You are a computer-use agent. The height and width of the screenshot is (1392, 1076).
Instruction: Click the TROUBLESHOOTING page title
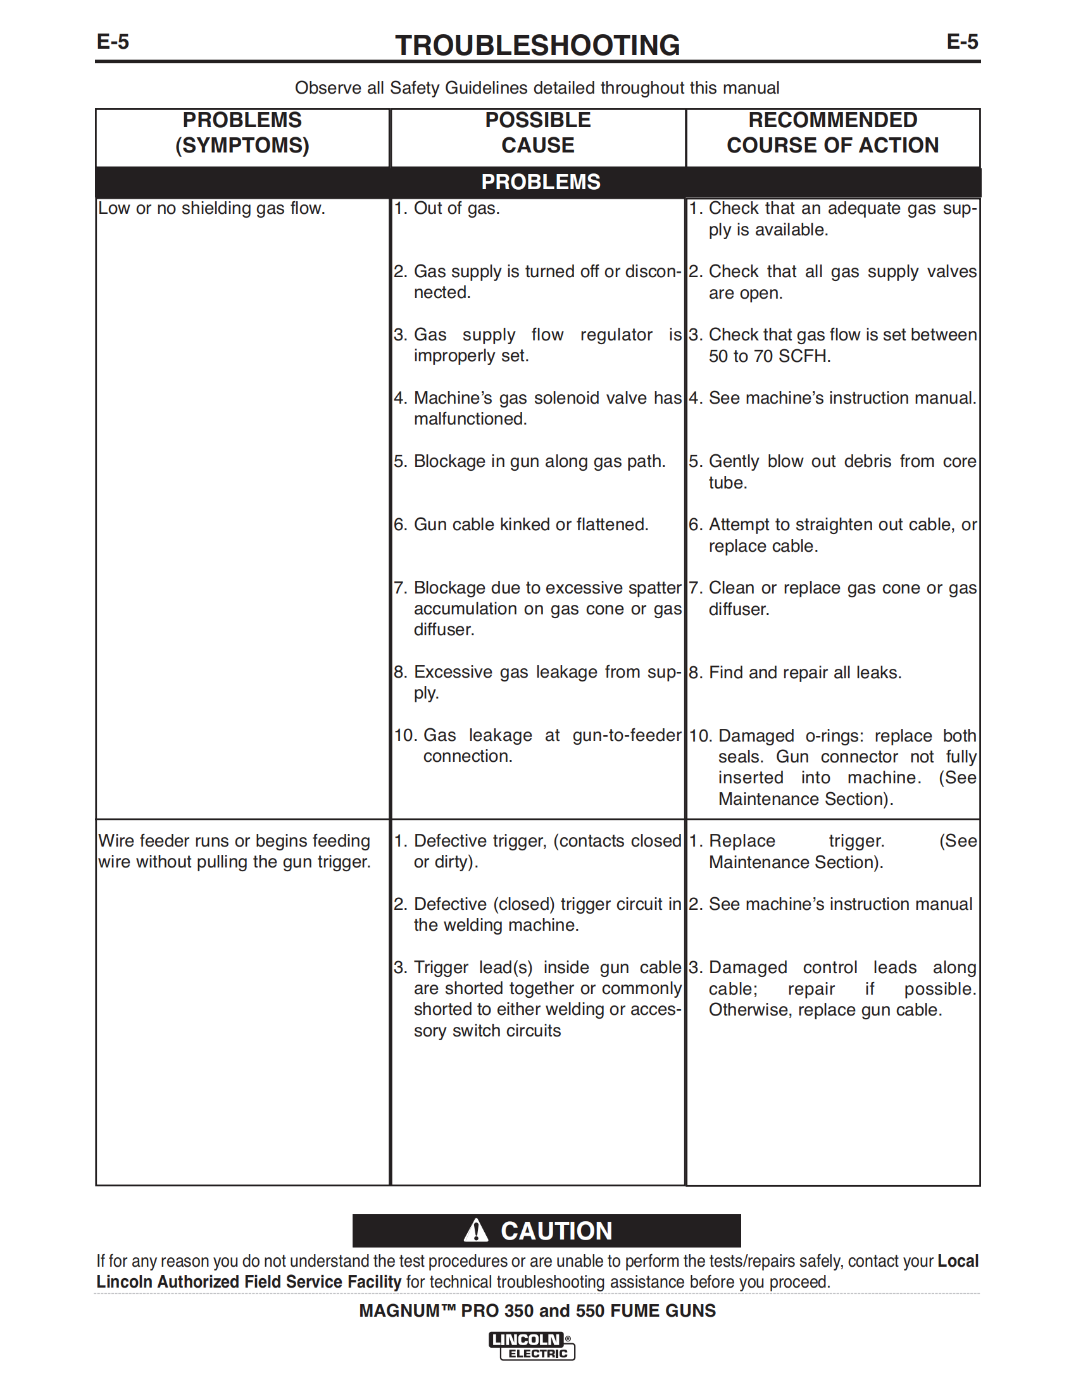point(537,46)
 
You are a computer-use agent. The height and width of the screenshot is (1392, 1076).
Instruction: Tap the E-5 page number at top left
point(113,42)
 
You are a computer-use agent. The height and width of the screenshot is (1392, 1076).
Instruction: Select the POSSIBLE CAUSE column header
point(537,133)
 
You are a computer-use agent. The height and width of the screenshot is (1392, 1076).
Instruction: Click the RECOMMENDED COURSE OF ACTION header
point(832,133)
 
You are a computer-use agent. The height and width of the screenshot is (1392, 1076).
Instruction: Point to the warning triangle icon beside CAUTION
point(475,1230)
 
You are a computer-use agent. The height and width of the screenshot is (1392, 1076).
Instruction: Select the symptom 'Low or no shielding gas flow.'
point(211,208)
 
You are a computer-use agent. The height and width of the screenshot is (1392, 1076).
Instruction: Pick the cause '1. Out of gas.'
point(447,208)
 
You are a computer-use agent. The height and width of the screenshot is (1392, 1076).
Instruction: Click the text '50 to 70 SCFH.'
point(770,356)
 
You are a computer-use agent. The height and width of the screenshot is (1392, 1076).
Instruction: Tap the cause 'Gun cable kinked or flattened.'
point(530,525)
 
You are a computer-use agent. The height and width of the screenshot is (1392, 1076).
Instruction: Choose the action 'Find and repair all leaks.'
point(804,673)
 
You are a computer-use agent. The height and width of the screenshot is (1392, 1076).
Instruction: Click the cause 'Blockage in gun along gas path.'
point(539,461)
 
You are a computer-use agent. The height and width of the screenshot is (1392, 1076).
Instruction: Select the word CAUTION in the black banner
point(556,1231)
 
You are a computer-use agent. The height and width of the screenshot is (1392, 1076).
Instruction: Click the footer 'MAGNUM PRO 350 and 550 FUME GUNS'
point(537,1310)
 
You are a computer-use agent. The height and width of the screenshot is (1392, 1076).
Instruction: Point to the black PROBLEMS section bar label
point(541,182)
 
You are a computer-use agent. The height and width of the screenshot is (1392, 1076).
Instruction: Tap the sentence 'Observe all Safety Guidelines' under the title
point(537,88)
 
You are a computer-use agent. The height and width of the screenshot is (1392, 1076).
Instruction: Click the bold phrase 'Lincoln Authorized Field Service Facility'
point(249,1282)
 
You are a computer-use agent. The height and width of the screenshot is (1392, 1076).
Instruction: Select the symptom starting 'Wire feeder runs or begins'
point(234,852)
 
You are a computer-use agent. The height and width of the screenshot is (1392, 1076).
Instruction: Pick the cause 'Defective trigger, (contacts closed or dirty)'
point(537,852)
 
